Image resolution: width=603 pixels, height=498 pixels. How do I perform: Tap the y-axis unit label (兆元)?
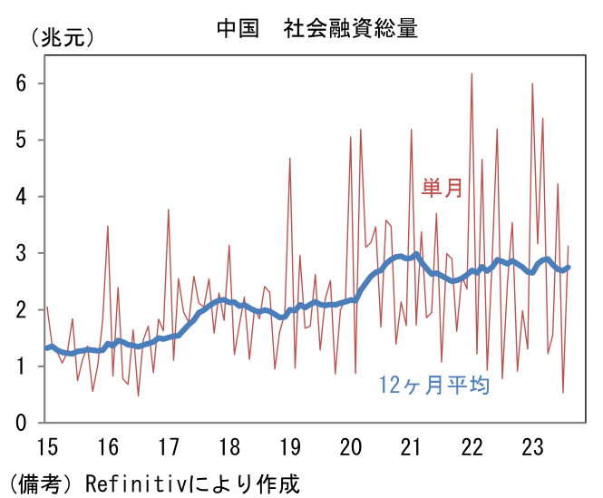(x=62, y=37)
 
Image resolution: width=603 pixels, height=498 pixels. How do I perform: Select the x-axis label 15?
(x=46, y=447)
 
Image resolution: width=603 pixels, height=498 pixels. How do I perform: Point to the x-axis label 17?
(x=168, y=447)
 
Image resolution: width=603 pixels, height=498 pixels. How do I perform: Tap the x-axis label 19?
(x=289, y=447)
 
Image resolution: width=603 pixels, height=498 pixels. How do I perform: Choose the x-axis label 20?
(x=350, y=447)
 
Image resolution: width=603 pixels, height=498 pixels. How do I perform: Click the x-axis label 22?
(x=472, y=447)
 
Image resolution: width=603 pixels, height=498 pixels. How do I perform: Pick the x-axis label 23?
(x=532, y=447)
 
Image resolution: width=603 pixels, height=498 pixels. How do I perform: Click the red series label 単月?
(x=442, y=188)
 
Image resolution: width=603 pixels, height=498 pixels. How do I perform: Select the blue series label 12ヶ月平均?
(x=433, y=386)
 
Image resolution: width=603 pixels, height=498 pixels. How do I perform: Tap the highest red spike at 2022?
(x=472, y=74)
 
